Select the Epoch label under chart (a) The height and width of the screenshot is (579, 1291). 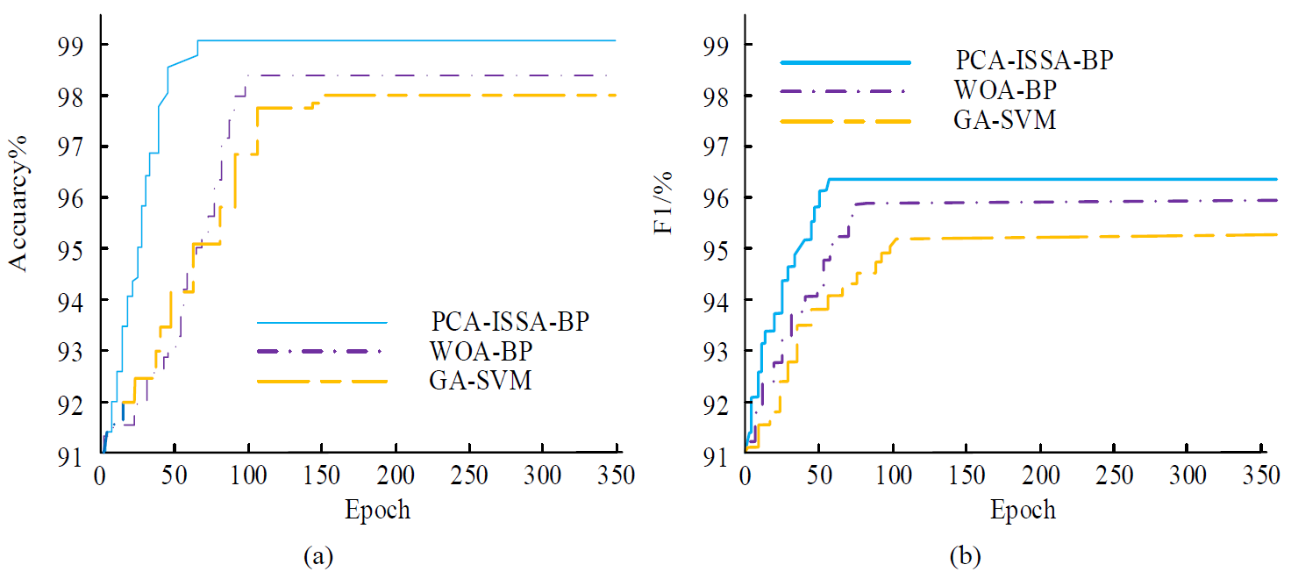pos(378,511)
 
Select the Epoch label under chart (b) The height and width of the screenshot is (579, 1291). pos(1023,511)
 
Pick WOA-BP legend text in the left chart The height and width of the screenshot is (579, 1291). pos(482,352)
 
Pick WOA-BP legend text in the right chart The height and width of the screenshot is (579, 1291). pos(1005,90)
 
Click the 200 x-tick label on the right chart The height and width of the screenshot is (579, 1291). pos(1040,478)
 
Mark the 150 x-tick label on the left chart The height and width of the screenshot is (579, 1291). pos(322,478)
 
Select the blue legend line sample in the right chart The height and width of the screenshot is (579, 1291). pos(845,62)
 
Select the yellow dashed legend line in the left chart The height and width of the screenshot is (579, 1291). pos(322,381)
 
